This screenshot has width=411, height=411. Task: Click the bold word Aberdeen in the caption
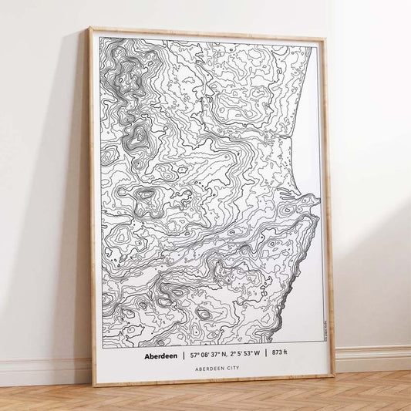coord(158,357)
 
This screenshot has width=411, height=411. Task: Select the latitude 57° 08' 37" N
coord(203,357)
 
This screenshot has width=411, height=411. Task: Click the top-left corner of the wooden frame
coord(89,29)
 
